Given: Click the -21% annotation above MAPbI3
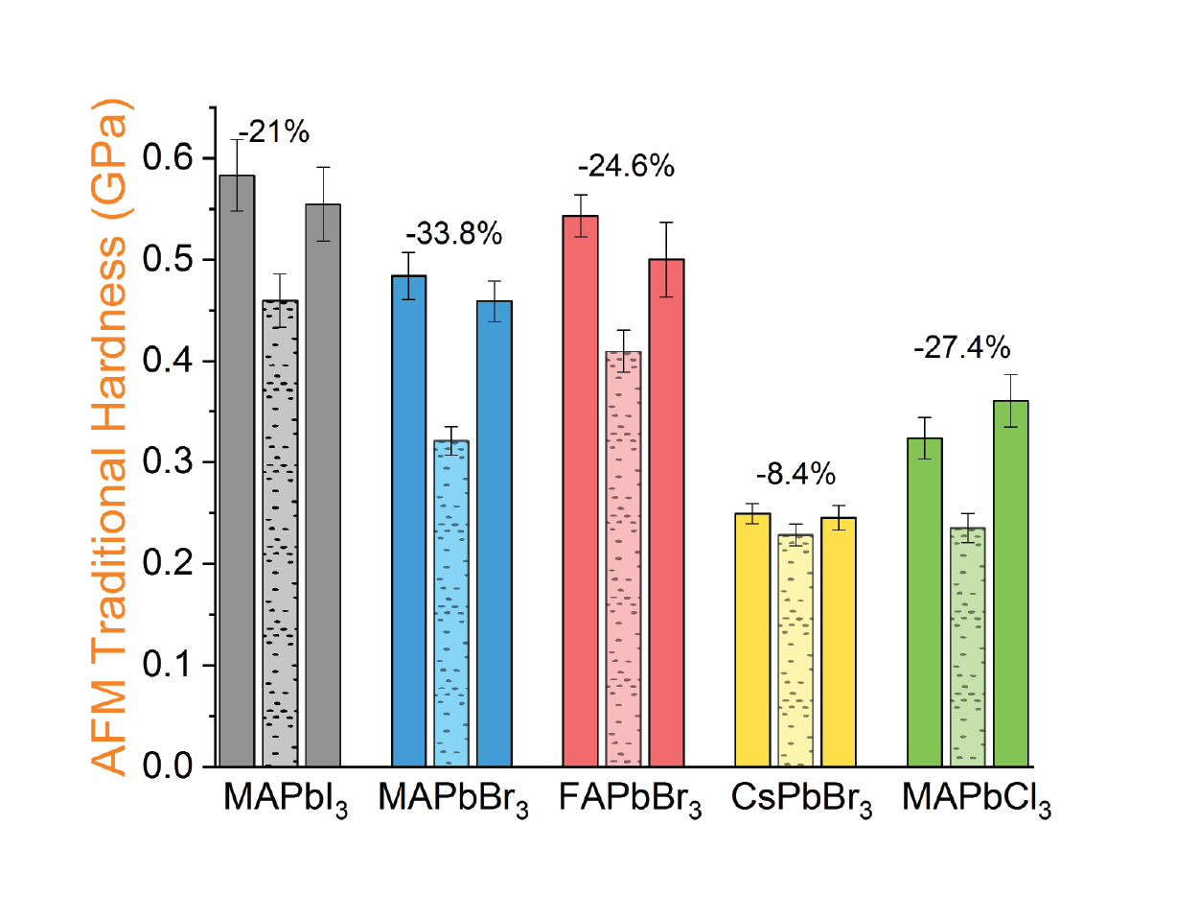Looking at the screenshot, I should [x=274, y=132].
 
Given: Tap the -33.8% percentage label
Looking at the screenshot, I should [x=453, y=233].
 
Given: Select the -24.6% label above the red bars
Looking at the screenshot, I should [x=626, y=166].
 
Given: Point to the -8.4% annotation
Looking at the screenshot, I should [x=795, y=474].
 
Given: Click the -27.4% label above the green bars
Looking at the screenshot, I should [x=961, y=347].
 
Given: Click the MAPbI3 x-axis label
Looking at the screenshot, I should [x=285, y=798].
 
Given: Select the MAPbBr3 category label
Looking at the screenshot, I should [x=453, y=798].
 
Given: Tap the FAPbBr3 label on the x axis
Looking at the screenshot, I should [x=630, y=798].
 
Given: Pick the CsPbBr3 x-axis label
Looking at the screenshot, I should [x=801, y=798].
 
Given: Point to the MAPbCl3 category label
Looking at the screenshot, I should [x=976, y=798].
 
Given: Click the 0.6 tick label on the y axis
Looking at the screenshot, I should [x=168, y=158].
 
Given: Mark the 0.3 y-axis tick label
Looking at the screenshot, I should [x=168, y=462].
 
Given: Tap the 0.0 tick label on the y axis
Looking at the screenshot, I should [x=168, y=766].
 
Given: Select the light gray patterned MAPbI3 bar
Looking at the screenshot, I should [x=280, y=533].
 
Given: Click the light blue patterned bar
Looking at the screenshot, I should [x=451, y=603].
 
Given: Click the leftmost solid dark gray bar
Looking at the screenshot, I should [x=237, y=471].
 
